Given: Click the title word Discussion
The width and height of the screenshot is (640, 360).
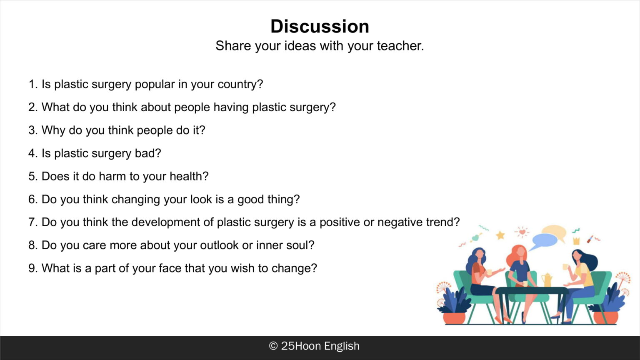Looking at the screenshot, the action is (320, 26).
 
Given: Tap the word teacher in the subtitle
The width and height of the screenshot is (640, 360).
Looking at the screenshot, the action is (400, 46).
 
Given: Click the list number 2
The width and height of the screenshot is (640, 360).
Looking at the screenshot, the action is (32, 107).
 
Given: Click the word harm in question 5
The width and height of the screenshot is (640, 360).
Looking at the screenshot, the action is (112, 176).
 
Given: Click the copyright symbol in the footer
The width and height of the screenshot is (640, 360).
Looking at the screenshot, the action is (273, 346).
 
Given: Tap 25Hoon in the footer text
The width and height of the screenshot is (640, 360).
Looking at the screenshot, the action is (301, 346).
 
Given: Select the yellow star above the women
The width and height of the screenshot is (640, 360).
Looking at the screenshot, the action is (500, 235).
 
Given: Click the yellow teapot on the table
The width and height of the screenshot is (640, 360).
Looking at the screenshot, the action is (546, 280).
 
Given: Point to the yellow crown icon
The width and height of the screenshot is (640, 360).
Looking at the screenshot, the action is (577, 241).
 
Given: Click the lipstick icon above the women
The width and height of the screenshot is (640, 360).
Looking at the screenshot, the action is (590, 239).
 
